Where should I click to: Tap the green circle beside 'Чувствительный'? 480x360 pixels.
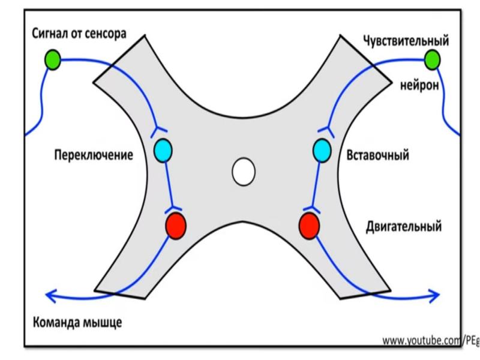pos(431,59)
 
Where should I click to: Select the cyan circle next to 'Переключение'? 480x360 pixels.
pos(163,149)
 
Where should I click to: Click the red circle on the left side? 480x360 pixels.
pos(175,225)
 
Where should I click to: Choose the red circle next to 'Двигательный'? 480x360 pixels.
pos(308,225)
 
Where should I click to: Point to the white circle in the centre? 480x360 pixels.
pos(243,172)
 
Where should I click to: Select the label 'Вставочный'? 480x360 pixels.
pos(378,155)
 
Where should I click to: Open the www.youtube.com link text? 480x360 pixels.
pos(430,341)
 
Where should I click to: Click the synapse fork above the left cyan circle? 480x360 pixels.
pos(160,129)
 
